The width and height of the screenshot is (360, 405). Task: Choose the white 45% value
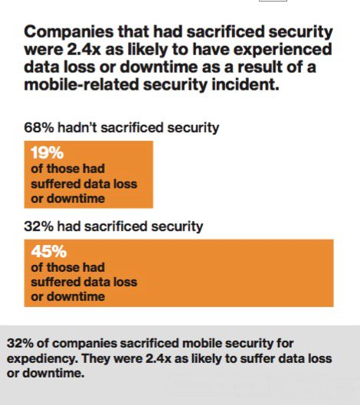(x=47, y=252)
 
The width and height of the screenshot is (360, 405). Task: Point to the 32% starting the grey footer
(x=18, y=342)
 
